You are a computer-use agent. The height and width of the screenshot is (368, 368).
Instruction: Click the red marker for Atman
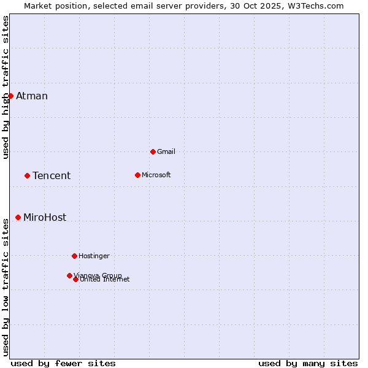click(x=10, y=96)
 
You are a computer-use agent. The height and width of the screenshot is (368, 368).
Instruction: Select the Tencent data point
click(x=27, y=175)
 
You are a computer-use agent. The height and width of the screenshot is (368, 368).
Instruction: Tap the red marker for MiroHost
click(x=18, y=217)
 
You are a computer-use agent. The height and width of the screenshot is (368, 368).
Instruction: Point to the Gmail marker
click(x=153, y=151)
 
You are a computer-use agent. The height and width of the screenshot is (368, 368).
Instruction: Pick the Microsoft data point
click(x=137, y=175)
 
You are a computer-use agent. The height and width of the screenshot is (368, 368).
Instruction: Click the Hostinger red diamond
click(x=74, y=256)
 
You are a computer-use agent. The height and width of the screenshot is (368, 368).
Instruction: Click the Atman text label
click(x=32, y=96)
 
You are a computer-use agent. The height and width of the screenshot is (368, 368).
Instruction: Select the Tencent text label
click(x=52, y=176)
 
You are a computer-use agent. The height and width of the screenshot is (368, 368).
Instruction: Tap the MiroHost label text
click(x=45, y=218)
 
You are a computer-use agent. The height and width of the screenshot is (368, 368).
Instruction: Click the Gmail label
click(x=166, y=151)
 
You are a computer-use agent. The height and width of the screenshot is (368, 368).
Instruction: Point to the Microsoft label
click(x=156, y=175)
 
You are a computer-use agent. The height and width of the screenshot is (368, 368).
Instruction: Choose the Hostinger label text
click(x=94, y=256)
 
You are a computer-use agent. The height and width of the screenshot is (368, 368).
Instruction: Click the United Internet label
click(x=105, y=280)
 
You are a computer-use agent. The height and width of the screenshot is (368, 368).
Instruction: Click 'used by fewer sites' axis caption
click(x=63, y=363)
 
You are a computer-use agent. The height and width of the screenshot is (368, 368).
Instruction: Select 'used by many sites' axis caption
click(x=308, y=363)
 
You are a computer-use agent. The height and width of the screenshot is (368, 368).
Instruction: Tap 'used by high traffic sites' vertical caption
click(x=6, y=87)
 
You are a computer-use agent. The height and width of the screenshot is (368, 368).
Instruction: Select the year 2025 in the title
click(x=274, y=6)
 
